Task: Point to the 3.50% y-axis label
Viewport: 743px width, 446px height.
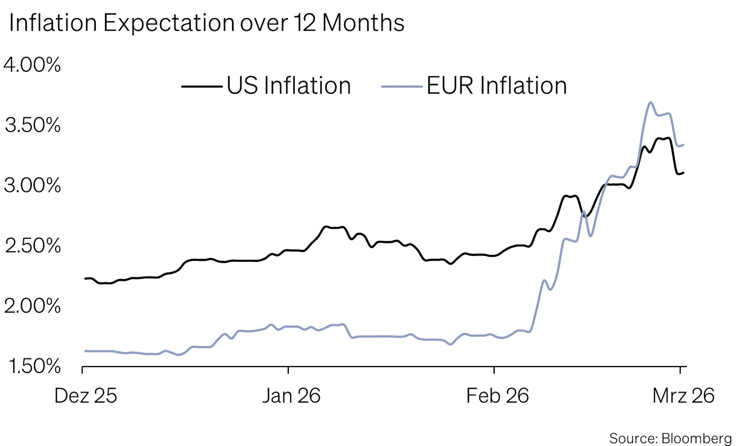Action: click(x=33, y=125)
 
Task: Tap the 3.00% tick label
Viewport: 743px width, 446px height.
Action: click(x=32, y=185)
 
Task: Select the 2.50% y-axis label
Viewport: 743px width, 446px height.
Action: click(x=33, y=246)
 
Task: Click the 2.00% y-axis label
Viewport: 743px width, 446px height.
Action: click(x=32, y=306)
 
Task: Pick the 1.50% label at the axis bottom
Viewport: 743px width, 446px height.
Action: click(x=34, y=366)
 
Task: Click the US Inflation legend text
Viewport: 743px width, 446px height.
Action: click(x=288, y=86)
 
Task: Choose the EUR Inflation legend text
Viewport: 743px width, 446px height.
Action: click(x=496, y=86)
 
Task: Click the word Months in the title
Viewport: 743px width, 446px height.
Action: click(x=363, y=23)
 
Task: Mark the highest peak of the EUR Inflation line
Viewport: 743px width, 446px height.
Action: click(x=651, y=103)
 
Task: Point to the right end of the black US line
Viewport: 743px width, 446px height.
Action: click(x=683, y=173)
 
